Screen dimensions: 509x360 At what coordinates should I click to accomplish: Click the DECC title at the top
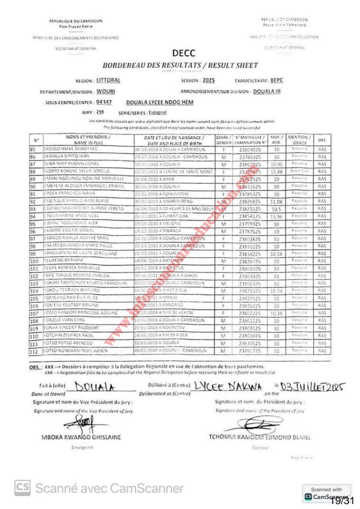click(183, 54)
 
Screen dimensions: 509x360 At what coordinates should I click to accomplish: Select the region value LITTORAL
click(108, 80)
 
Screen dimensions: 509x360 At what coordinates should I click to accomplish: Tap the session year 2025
click(209, 80)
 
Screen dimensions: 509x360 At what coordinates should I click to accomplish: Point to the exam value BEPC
click(276, 80)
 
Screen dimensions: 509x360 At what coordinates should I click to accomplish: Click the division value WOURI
click(106, 91)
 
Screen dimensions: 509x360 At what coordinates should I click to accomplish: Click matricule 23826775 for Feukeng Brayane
click(247, 261)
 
